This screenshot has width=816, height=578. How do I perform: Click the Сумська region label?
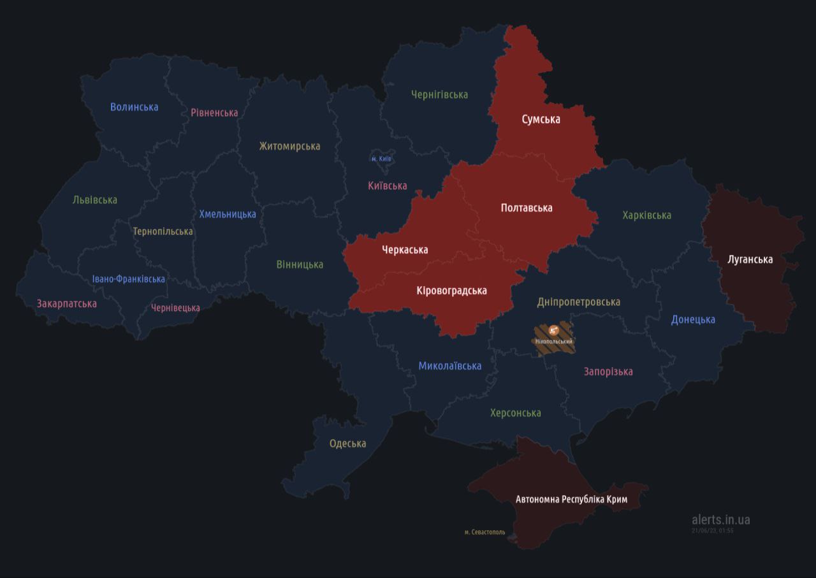point(541,119)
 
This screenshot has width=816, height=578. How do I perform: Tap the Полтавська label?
point(527,208)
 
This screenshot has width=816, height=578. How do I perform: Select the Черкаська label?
point(405,249)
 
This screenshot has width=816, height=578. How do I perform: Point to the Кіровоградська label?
point(451,291)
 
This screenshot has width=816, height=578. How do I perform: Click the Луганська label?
point(750,259)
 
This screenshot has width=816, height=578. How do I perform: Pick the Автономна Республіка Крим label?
point(571,499)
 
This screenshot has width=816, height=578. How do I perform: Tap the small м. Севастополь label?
point(484,532)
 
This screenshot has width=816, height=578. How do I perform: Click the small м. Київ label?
point(381,158)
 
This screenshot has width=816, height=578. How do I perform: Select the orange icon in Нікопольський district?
point(554,330)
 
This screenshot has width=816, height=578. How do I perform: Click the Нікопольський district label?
point(554,342)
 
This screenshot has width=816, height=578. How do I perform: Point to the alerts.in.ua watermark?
point(720,519)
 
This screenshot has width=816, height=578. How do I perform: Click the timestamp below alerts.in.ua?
point(712,530)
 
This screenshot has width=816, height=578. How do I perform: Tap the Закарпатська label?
point(67,303)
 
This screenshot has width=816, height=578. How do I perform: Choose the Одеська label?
point(347,444)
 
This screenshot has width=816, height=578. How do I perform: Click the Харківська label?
point(646,215)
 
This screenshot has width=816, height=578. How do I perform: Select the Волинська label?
point(134,107)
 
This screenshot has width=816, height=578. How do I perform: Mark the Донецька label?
point(693,319)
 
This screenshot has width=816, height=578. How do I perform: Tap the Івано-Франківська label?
point(128,279)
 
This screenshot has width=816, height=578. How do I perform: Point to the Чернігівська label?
point(439,94)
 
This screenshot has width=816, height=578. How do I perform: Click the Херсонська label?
point(515,413)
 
